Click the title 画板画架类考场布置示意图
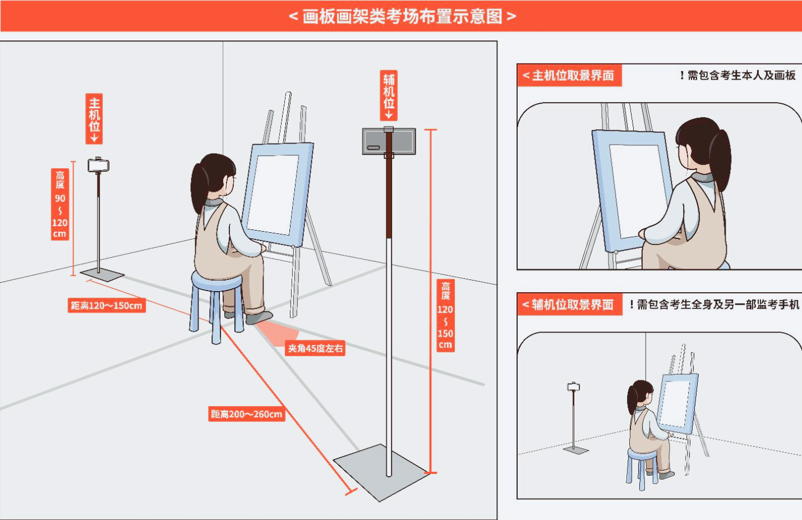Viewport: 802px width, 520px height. tap(402, 16)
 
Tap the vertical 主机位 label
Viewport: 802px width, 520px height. tap(94, 118)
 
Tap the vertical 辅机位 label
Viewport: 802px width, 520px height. tap(389, 95)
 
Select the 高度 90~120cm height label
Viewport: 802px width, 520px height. tap(60, 204)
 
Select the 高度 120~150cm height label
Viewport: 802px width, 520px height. tap(445, 315)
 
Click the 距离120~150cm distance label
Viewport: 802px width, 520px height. tap(107, 306)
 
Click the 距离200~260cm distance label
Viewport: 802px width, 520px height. tap(247, 414)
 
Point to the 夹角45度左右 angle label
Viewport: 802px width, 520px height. tap(315, 348)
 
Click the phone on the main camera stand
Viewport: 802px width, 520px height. tap(98, 165)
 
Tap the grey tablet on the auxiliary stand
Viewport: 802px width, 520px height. tap(389, 141)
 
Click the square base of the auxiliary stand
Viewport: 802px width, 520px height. tap(381, 471)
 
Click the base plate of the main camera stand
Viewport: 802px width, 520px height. tap(102, 274)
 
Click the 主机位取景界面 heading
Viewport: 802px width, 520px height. tap(569, 76)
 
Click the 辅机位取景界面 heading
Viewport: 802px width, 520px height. tap(569, 305)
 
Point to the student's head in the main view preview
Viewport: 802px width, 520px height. tap(701, 146)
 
